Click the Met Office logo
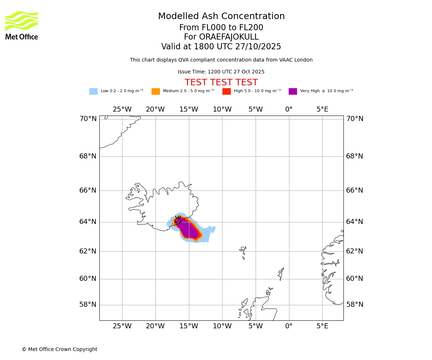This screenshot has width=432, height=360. click(x=22, y=25)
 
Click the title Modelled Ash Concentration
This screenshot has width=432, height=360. click(x=221, y=17)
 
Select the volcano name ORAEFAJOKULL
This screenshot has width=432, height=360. click(x=221, y=37)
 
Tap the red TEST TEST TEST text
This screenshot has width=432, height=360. click(x=221, y=83)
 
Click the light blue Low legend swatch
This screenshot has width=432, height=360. click(x=93, y=91)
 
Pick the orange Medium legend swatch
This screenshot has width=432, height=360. click(x=156, y=91)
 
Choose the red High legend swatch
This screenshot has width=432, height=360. click(x=226, y=91)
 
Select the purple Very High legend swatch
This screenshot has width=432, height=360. click(x=293, y=91)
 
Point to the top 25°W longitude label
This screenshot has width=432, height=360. click(x=122, y=109)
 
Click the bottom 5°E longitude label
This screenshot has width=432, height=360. click(x=322, y=326)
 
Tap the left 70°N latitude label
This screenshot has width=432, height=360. click(x=88, y=119)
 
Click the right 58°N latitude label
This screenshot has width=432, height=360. click(x=355, y=305)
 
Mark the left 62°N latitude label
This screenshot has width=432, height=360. click(x=88, y=251)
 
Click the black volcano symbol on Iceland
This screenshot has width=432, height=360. click(x=178, y=220)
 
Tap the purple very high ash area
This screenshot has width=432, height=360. click(x=188, y=230)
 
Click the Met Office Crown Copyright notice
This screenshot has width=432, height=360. click(x=59, y=350)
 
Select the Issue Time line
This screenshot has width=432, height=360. click(x=221, y=72)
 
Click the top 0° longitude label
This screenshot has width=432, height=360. click(x=289, y=109)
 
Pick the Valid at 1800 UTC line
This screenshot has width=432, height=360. click(x=221, y=47)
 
